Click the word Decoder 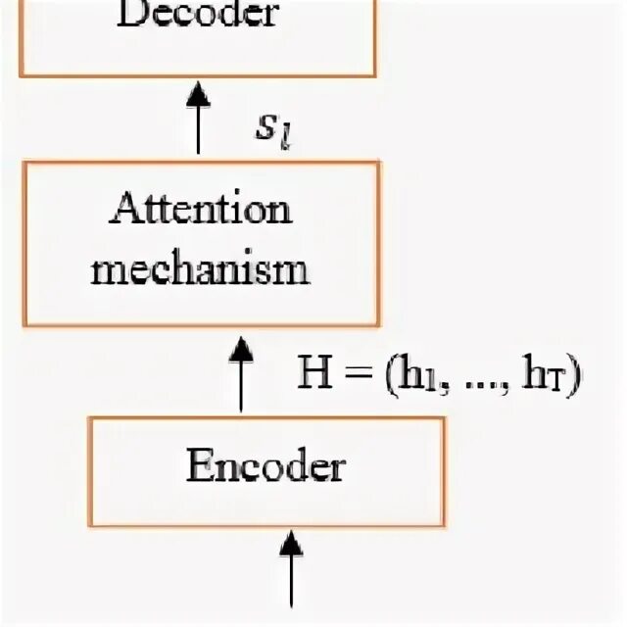pos(197,15)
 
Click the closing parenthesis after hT pos(576,376)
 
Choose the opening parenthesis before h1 pos(372,376)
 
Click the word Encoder pos(265,467)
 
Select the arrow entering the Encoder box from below pos(291,568)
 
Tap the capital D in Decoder pos(131,15)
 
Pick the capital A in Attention pos(123,209)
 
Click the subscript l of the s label pos(288,137)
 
